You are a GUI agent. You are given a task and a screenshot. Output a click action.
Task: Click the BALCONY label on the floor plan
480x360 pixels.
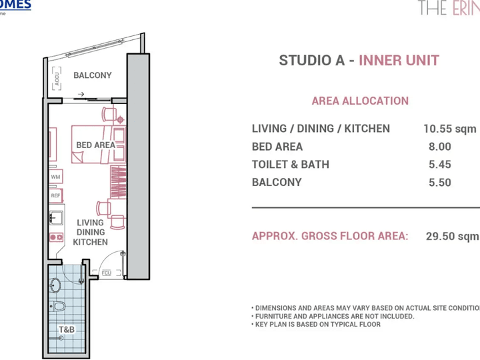click(x=93, y=75)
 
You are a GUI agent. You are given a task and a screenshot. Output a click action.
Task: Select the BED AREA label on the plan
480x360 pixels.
click(x=95, y=145)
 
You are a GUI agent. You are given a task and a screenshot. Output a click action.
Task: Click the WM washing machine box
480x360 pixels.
click(x=55, y=178)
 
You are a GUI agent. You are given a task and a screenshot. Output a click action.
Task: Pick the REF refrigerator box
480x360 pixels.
click(x=55, y=196)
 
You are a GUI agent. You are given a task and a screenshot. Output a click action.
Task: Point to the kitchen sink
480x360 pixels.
click(x=55, y=218)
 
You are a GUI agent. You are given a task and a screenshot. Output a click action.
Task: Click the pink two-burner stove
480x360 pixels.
click(x=55, y=237)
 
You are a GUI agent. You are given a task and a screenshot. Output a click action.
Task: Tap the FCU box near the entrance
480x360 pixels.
click(x=107, y=273)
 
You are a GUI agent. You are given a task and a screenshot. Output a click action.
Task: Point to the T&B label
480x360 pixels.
click(x=67, y=330)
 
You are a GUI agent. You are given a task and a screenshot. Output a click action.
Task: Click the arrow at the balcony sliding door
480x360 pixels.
click(x=81, y=95)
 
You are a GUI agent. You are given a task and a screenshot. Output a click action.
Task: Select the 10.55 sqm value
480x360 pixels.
click(x=450, y=129)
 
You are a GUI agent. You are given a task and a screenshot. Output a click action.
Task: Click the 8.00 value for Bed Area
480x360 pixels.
click(x=439, y=147)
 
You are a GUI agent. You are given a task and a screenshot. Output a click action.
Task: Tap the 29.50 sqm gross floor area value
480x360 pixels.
click(x=452, y=236)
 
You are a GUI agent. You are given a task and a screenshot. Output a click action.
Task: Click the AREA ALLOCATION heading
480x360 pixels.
click(x=360, y=101)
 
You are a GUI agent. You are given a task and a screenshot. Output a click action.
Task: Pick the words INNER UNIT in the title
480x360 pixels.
click(x=399, y=61)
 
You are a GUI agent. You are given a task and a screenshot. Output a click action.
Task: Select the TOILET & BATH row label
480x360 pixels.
click(x=290, y=165)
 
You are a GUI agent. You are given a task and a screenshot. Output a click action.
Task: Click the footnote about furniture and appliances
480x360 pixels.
click(x=333, y=316)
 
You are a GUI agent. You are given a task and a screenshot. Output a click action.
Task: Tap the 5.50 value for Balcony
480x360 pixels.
click(x=439, y=183)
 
